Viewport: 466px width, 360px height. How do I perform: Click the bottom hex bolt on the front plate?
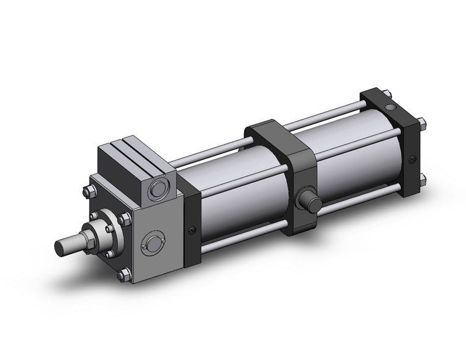coord(125,274)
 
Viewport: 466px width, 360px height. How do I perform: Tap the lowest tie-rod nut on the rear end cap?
coord(422,179)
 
